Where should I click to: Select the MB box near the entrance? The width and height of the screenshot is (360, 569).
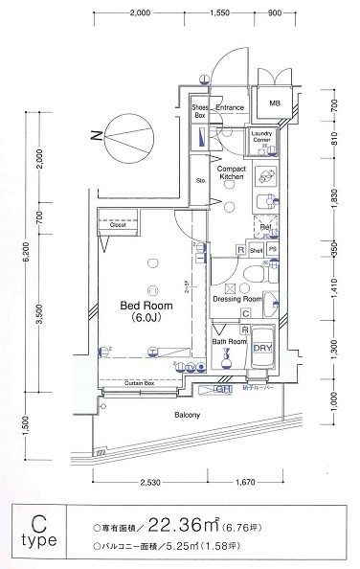point(274,104)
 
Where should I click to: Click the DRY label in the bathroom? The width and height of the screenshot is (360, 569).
point(260,349)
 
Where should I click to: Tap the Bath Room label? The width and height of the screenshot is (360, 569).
point(230,341)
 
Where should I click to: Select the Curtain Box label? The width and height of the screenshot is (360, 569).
point(144,382)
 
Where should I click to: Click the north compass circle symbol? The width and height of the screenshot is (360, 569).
point(127,135)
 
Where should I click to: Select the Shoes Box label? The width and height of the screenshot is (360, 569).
point(199,112)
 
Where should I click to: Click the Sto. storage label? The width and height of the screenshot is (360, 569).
point(201,180)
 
